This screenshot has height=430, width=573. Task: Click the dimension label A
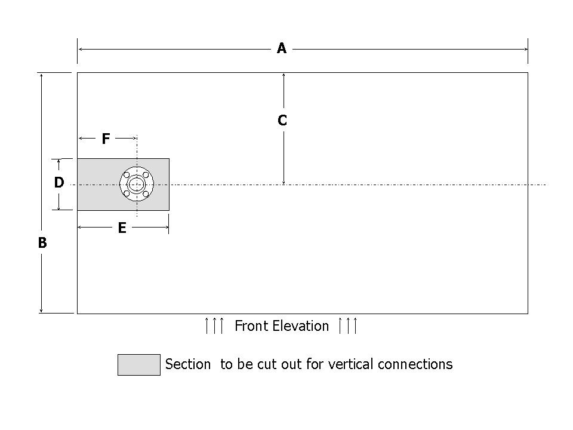[x=282, y=49]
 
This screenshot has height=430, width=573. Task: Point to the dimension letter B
[x=42, y=244]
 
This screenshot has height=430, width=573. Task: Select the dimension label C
[x=282, y=121]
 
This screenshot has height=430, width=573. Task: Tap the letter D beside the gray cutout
[x=58, y=183]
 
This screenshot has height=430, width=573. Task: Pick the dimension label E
[x=122, y=228]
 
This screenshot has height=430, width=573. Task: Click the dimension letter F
[x=106, y=139]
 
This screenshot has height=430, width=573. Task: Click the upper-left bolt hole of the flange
[x=127, y=174]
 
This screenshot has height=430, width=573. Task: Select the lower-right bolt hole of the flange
[x=146, y=194]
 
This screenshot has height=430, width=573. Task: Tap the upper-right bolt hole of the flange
[x=146, y=174]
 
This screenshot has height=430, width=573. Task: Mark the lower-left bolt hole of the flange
[x=127, y=194]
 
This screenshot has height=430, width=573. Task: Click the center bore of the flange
[x=136, y=184]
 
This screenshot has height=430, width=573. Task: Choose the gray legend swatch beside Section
[x=138, y=365]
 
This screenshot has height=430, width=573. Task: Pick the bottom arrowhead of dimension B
[x=41, y=310]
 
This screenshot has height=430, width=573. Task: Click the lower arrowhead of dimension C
[x=284, y=182]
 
